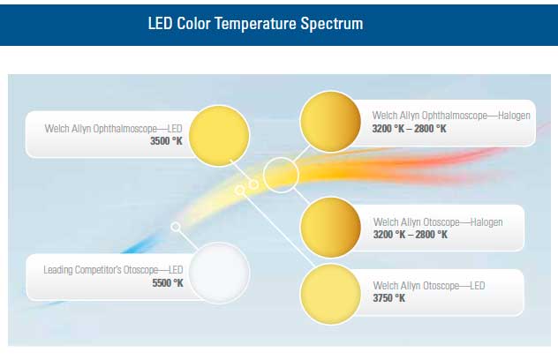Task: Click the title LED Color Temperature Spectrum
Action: [255, 24]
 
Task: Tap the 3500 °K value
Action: [166, 141]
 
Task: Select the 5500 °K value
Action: [168, 283]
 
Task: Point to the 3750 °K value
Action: [389, 297]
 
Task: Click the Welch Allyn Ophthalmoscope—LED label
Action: [113, 129]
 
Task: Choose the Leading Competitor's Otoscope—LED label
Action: [113, 270]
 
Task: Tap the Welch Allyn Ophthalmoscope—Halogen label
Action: [451, 116]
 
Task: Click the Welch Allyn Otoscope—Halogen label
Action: [438, 222]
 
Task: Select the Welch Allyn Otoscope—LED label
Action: [429, 285]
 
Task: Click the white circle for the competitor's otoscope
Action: [219, 273]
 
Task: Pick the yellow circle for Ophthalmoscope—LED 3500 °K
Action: [219, 136]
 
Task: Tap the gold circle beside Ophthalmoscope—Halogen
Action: [330, 121]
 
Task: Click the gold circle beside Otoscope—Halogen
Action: [330, 228]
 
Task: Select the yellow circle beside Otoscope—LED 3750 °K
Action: [330, 294]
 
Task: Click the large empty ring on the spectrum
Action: [281, 158]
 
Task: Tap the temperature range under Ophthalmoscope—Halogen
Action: [410, 129]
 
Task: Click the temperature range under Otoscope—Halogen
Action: [411, 235]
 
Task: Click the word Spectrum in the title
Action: [332, 24]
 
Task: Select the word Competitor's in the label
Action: [98, 270]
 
